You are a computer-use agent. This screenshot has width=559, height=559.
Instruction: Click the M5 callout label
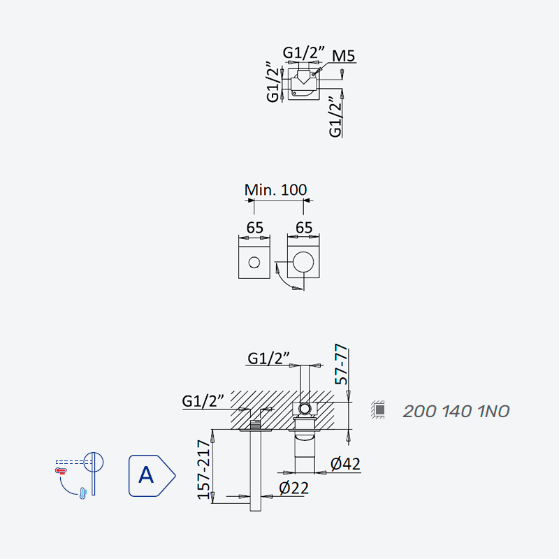pyautogui.click(x=343, y=56)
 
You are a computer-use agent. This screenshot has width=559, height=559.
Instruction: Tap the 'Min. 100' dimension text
pyautogui.click(x=275, y=189)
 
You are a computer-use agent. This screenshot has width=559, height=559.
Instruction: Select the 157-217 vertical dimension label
pyautogui.click(x=204, y=470)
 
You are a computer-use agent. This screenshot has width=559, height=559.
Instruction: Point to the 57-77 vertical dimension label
pyautogui.click(x=341, y=364)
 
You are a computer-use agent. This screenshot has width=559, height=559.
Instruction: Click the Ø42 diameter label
pyautogui.click(x=345, y=464)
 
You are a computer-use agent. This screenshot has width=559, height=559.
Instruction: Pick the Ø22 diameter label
pyautogui.click(x=293, y=488)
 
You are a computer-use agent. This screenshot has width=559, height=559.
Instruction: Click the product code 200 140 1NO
pyautogui.click(x=456, y=412)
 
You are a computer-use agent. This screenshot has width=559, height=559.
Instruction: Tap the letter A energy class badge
pyautogui.click(x=152, y=476)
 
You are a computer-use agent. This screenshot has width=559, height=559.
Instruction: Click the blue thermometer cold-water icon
pyautogui.click(x=82, y=493)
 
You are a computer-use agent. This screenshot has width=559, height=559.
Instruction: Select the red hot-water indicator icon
pyautogui.click(x=61, y=471)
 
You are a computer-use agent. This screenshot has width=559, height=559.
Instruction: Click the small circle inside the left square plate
pyautogui.click(x=254, y=263)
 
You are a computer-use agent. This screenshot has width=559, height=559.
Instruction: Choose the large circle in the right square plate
pyautogui.click(x=303, y=262)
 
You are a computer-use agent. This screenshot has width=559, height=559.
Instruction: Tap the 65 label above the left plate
pyautogui.click(x=254, y=228)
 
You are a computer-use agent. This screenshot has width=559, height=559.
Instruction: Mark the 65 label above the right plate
pyautogui.click(x=304, y=228)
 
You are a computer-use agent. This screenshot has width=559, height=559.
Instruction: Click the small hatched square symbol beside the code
pyautogui.click(x=377, y=409)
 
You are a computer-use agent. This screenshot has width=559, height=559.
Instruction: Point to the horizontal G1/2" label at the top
pyautogui.click(x=304, y=53)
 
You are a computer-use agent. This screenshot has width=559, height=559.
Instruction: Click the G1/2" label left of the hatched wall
pyautogui.click(x=203, y=401)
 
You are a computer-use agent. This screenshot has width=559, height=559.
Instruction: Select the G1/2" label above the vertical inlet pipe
pyautogui.click(x=268, y=358)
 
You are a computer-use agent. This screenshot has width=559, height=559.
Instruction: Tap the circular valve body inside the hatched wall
pyautogui.click(x=305, y=409)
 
